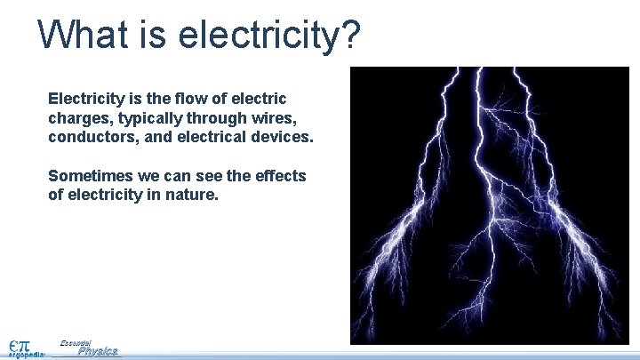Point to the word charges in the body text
[79, 118]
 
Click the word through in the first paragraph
[219, 118]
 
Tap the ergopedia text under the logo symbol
[26, 354]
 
